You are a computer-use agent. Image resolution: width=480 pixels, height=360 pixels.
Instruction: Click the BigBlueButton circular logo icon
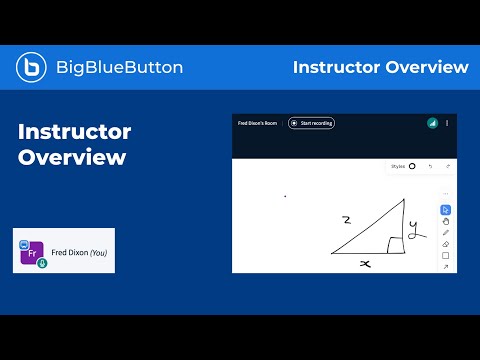32,67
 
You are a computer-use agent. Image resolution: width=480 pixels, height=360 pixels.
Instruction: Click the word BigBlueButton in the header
119,67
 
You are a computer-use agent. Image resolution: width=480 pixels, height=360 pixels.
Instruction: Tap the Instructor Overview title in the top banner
380,67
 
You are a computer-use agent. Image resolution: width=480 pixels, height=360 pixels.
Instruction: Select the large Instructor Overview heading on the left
75,144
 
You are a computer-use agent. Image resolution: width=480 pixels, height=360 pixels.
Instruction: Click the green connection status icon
432,123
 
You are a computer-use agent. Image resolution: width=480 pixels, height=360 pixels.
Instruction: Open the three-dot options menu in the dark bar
447,123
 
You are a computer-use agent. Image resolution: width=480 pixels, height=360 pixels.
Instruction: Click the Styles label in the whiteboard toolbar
399,166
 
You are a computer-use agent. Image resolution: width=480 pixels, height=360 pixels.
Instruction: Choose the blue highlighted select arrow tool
446,210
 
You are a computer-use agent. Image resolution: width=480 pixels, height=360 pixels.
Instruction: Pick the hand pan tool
446,221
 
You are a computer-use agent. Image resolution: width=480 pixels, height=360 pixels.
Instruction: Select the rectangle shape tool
446,255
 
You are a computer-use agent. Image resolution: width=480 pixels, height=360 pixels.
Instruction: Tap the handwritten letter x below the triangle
367,262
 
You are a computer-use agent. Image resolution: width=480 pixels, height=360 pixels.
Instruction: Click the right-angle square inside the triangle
396,244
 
